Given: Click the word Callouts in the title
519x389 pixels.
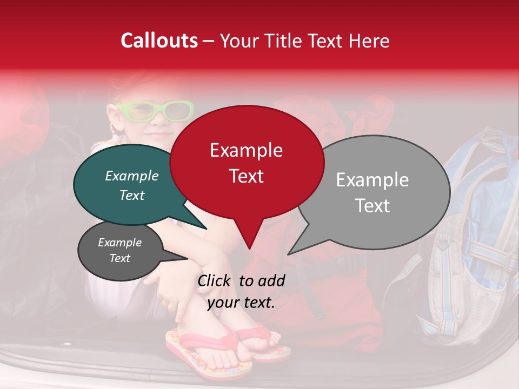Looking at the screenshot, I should [x=159, y=41].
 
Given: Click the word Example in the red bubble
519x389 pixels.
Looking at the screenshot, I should [x=246, y=150].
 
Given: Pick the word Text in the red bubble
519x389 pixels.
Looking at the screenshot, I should [x=246, y=176].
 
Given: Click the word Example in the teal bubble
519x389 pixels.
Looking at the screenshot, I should [x=131, y=176].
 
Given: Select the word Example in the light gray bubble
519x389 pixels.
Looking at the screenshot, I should [x=372, y=180].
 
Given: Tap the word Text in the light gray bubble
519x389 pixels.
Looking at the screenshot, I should [x=372, y=206].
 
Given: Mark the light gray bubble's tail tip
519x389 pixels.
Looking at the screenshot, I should [x=289, y=253].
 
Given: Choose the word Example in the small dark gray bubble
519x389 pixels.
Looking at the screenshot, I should [x=119, y=243].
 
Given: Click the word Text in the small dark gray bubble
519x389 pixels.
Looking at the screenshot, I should [x=119, y=258].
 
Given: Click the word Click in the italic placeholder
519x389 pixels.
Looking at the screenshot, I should [x=215, y=280].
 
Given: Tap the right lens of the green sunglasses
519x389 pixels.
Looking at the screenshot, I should [x=178, y=111].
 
